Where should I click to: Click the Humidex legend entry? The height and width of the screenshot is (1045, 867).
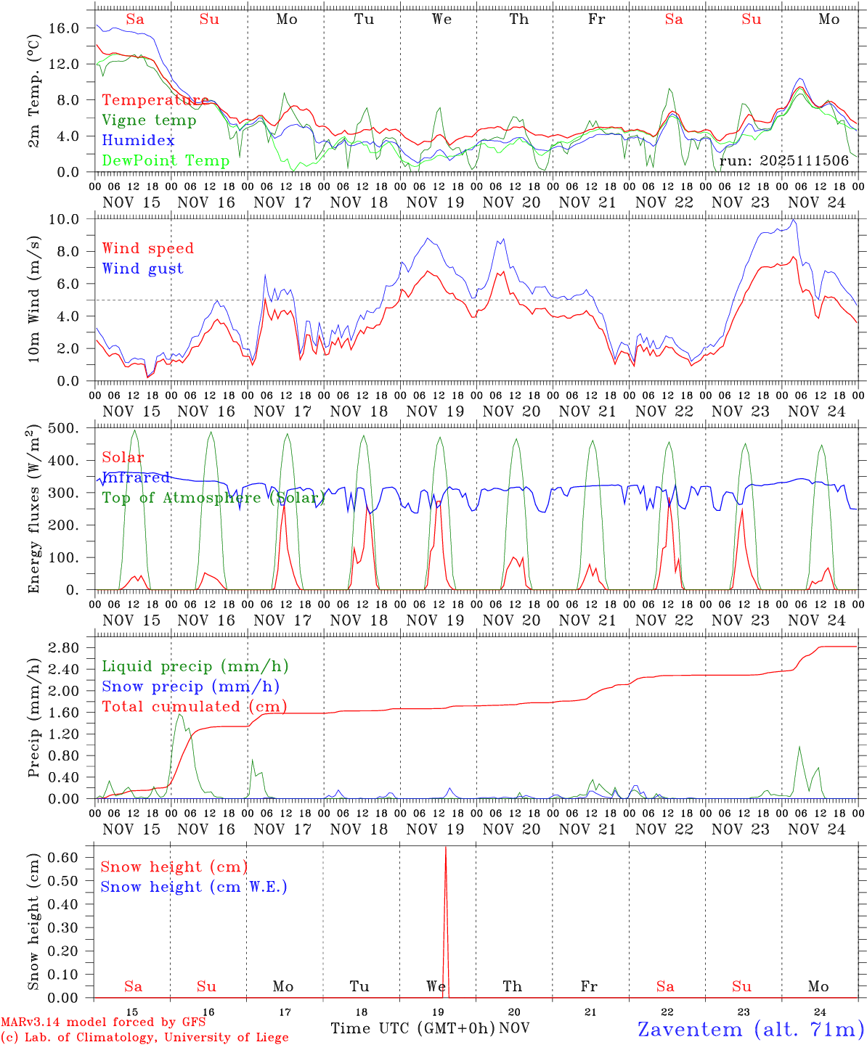pos(139,141)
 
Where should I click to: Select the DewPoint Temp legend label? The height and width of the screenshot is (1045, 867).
pos(166,160)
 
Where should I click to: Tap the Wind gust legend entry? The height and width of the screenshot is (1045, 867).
pos(142,269)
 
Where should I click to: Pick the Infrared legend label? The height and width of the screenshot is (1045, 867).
pos(136,478)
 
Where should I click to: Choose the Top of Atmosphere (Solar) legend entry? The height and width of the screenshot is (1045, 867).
pos(213,498)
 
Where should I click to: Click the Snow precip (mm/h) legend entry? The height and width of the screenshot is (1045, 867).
pos(190,687)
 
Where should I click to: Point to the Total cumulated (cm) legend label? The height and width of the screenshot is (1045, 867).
pos(194,706)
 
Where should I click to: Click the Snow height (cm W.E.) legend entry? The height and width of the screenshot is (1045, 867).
pos(194,887)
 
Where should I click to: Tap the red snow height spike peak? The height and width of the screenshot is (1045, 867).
pos(446,848)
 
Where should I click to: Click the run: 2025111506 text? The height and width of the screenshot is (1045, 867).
pos(783,160)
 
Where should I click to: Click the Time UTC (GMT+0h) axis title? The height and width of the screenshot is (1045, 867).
pos(412,1028)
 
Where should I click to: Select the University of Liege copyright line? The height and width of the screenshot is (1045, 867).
pos(144,1038)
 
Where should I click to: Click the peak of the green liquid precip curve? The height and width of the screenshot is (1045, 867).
pos(179,715)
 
